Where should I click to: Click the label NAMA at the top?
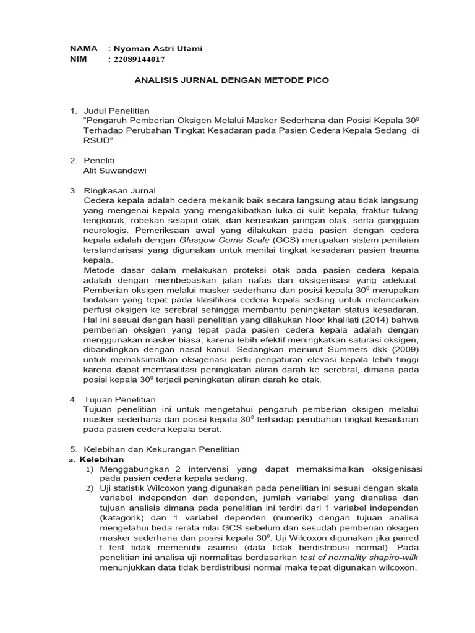[82, 49]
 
